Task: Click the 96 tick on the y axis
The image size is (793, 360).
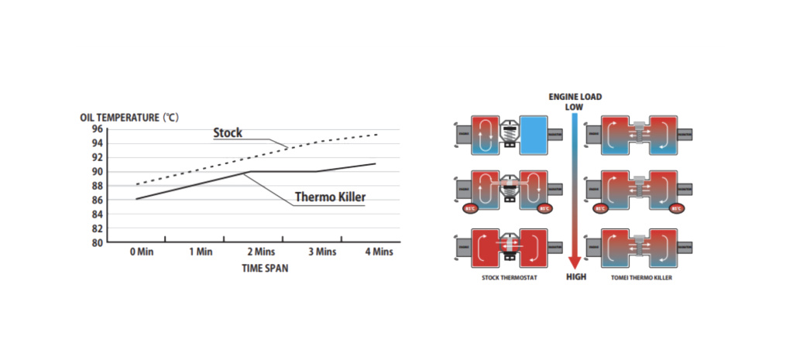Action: point(97,129)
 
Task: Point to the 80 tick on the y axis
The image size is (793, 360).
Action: point(97,242)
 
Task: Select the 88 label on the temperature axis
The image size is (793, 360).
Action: point(97,186)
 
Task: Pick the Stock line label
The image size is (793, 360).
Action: point(228,133)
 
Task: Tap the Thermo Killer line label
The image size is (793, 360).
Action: point(330,197)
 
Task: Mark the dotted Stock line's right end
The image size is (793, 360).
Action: point(377,135)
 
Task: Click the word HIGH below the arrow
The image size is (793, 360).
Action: point(575,276)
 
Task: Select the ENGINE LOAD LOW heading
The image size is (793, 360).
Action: point(575,101)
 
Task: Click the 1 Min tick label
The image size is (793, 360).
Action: point(200,252)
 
